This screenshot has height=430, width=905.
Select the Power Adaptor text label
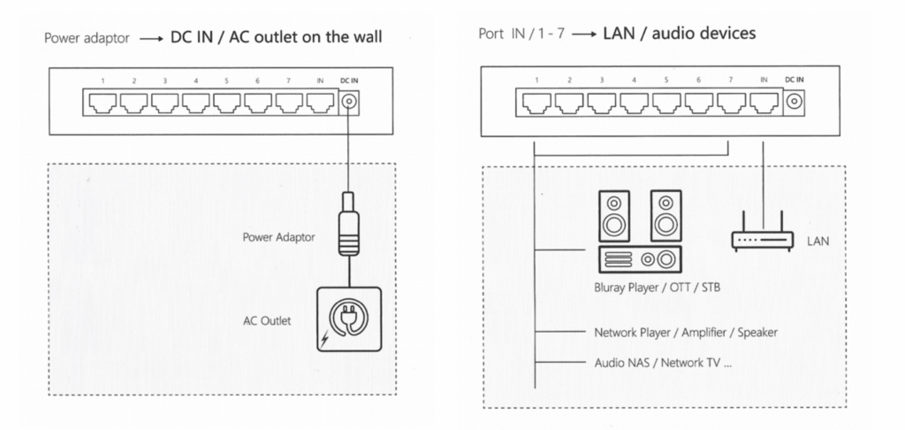pyautogui.click(x=279, y=237)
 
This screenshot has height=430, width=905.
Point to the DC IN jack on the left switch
pyautogui.click(x=351, y=103)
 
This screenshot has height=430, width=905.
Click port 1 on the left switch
pyautogui.click(x=103, y=104)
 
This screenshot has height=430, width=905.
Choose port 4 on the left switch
pyautogui.click(x=195, y=104)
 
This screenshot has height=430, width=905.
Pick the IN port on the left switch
pyautogui.click(x=320, y=104)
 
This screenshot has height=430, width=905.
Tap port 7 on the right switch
pyautogui.click(x=731, y=104)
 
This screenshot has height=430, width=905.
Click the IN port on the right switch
pyautogui.click(x=763, y=104)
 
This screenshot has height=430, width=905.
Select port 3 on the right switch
pyautogui.click(x=602, y=104)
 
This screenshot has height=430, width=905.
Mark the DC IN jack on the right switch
pyautogui.click(x=795, y=103)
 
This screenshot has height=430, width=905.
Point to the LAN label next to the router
pyautogui.click(x=818, y=239)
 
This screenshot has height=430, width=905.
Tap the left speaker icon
pyautogui.click(x=615, y=217)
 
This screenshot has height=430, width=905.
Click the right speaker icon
pyautogui.click(x=665, y=217)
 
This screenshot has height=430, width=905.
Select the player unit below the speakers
pyautogui.click(x=640, y=259)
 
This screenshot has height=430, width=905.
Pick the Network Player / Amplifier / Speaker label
pyautogui.click(x=686, y=333)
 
